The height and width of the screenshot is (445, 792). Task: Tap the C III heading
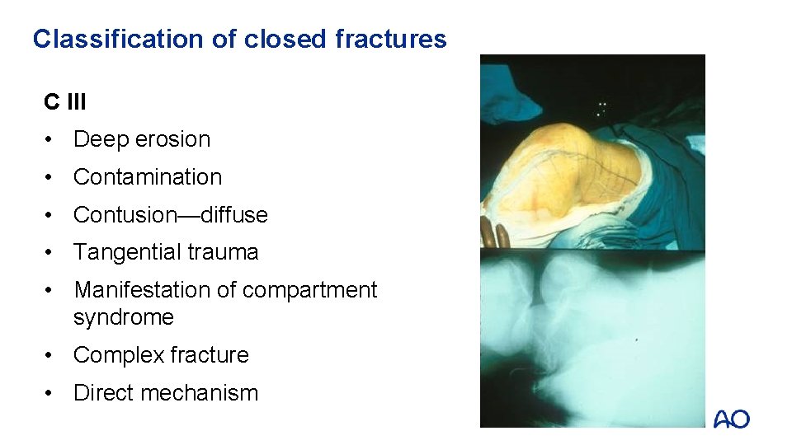(x=65, y=102)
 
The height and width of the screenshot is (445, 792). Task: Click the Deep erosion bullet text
(x=142, y=139)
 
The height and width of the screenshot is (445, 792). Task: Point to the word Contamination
(x=148, y=177)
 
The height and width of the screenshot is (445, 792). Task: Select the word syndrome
(x=124, y=317)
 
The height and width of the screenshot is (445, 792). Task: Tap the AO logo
(x=732, y=419)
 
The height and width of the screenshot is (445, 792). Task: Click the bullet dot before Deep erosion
(x=51, y=139)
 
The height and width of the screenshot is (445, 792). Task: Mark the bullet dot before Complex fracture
(x=51, y=355)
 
